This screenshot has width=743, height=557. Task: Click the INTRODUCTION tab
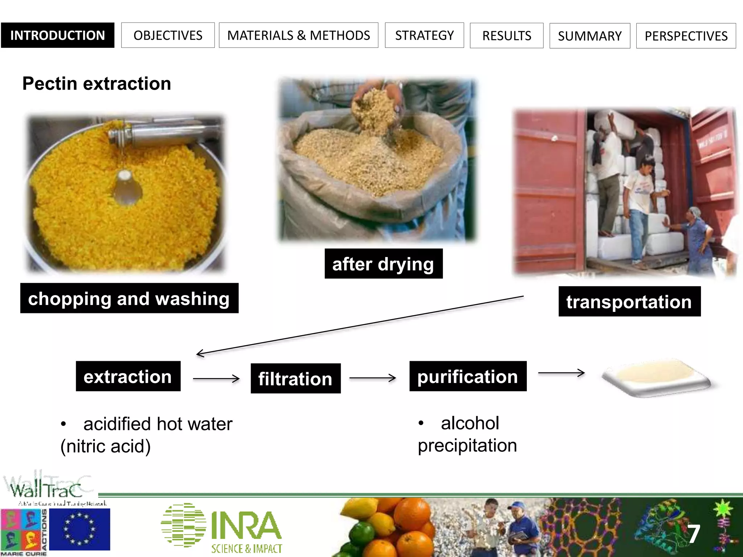click(x=57, y=35)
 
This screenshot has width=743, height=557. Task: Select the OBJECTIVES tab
click(x=168, y=35)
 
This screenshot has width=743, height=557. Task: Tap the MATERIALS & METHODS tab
click(x=298, y=35)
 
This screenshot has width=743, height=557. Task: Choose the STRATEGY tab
click(x=424, y=35)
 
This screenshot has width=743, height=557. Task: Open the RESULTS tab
click(x=506, y=36)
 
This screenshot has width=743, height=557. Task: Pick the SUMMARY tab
click(x=590, y=36)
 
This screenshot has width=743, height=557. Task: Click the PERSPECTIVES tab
click(x=686, y=36)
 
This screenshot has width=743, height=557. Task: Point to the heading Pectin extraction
click(x=97, y=83)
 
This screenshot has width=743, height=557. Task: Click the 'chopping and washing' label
click(x=129, y=298)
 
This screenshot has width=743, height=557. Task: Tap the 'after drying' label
click(x=383, y=264)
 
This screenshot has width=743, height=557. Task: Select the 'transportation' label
click(x=629, y=301)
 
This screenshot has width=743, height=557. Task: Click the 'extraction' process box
click(x=128, y=376)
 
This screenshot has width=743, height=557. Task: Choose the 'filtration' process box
click(x=295, y=379)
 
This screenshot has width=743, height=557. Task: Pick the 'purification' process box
click(x=468, y=376)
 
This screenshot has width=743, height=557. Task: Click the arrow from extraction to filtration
click(x=216, y=379)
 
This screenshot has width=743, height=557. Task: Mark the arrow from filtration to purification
click(x=373, y=378)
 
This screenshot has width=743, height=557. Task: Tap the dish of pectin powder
click(x=656, y=377)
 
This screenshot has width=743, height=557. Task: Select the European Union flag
click(x=79, y=529)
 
